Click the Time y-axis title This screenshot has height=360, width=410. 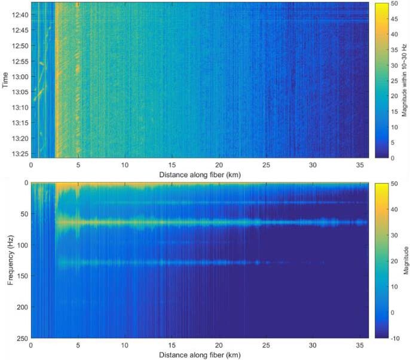click(5, 80)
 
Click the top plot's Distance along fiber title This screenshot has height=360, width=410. click(199, 175)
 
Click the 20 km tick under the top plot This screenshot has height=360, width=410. click(219, 165)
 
